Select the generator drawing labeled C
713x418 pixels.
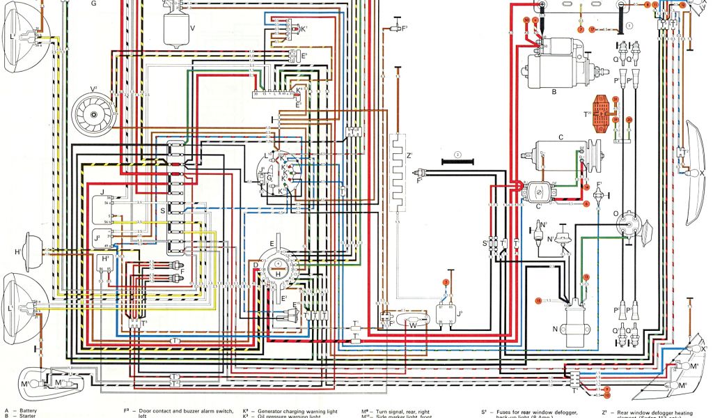click(x=564, y=153)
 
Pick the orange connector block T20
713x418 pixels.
click(x=603, y=114)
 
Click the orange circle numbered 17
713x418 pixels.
click(x=592, y=30)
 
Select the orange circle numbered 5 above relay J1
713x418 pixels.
click(x=446, y=281)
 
